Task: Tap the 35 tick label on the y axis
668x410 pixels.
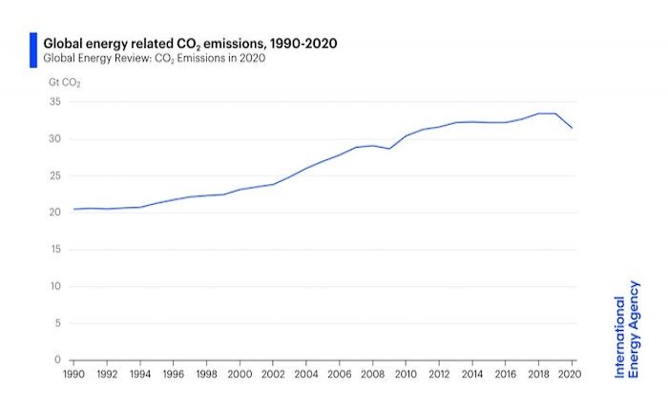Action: click(x=54, y=102)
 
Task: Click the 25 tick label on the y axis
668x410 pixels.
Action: click(x=54, y=176)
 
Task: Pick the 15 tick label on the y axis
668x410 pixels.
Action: click(x=54, y=250)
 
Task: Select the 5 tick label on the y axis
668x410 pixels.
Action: click(x=57, y=324)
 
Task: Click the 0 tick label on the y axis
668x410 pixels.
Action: click(x=57, y=360)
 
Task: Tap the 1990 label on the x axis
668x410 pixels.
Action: click(x=73, y=375)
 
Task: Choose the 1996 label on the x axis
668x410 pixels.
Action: click(x=173, y=375)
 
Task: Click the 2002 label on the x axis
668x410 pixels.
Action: click(x=273, y=375)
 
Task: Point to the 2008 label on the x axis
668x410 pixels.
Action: click(x=372, y=375)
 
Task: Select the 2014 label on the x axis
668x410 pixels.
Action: click(x=472, y=375)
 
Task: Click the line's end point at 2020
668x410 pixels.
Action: click(x=572, y=128)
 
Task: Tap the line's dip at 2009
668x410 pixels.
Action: click(x=389, y=149)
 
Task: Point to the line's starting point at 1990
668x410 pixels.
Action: click(x=73, y=209)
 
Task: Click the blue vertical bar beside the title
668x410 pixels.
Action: click(x=33, y=50)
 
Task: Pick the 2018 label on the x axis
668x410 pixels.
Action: click(x=538, y=375)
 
